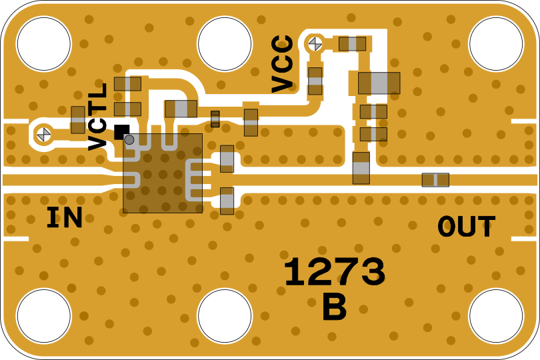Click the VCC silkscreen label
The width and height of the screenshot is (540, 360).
coord(283,64)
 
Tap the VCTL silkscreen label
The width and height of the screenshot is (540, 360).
coord(98,117)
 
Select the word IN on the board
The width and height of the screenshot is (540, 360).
coord(64,219)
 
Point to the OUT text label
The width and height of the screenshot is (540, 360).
coord(466,227)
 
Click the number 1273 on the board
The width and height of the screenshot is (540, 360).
coord(334,273)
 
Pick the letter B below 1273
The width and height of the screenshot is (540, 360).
coord(334,308)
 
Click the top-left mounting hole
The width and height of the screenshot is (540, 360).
coord(43,44)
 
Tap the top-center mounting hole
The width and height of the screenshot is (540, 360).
coord(225,44)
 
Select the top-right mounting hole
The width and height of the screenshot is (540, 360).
coord(496,44)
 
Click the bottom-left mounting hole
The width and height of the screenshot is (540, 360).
coord(43,316)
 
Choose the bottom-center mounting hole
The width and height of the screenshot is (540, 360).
coord(225,316)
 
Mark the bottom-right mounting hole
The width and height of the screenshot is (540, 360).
coord(496,316)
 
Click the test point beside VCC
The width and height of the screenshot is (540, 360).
coord(315,44)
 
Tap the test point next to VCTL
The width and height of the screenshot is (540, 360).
coord(44,134)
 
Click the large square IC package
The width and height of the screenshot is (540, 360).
coord(163,173)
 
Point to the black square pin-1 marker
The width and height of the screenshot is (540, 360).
coord(121,131)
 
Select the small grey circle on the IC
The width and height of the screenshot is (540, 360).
coord(129,140)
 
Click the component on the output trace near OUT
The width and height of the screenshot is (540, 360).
coord(435,180)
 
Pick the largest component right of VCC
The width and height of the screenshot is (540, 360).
coord(379,83)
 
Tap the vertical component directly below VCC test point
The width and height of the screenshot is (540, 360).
coord(315,81)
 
